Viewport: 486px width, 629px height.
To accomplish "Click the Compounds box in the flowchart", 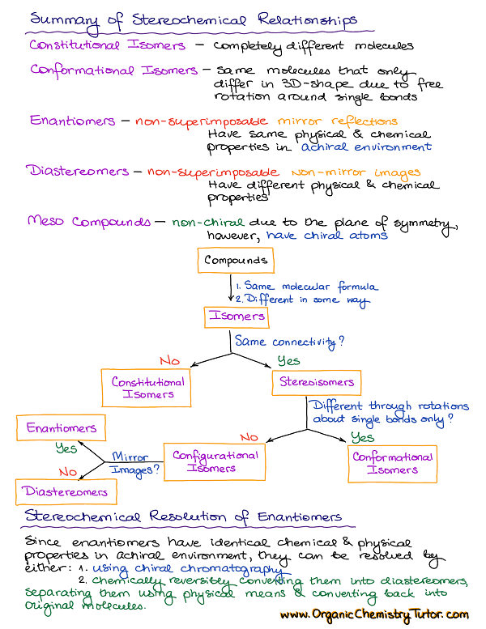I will [235, 261].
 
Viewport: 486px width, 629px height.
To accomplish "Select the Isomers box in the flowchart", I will [237, 317].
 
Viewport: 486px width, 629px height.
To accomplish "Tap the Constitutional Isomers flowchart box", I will [148, 388].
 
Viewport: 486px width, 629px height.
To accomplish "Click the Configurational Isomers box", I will [215, 461].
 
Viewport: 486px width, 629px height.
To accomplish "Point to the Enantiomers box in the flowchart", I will [61, 427].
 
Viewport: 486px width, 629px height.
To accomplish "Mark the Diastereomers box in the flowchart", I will [66, 491].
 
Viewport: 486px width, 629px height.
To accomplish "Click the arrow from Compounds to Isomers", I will [230, 290].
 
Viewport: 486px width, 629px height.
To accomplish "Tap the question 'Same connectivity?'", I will [290, 342].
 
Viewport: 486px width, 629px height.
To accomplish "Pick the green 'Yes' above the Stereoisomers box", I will [288, 361].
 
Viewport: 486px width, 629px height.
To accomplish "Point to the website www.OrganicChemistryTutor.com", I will [374, 615].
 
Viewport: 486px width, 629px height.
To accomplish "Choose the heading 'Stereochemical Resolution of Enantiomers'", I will [183, 516].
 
